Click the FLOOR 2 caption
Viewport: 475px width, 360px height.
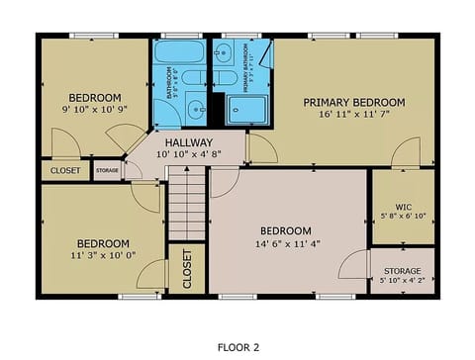[x=237, y=347]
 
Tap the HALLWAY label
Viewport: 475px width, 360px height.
[x=188, y=142]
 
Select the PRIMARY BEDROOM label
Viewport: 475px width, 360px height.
[x=354, y=102]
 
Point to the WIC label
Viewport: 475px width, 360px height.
[x=390, y=207]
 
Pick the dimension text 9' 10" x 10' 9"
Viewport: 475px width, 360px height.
[x=92, y=111]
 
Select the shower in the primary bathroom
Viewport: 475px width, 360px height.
[x=249, y=109]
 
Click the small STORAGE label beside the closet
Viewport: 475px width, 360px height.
[x=107, y=170]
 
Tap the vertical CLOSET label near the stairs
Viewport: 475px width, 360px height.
[x=187, y=268]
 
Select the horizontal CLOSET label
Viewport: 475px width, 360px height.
[x=64, y=170]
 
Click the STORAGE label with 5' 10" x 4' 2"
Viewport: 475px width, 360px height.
[x=402, y=271]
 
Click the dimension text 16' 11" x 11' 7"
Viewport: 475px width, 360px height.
[x=354, y=115]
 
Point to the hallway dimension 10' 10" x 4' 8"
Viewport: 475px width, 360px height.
[x=188, y=154]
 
